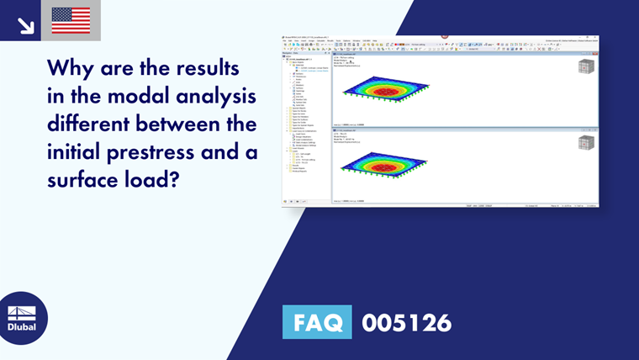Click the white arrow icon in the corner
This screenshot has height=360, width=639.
point(25,23)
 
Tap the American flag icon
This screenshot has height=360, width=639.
point(71,20)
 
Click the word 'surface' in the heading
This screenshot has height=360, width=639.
point(83,184)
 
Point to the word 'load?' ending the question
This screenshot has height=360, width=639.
point(150,184)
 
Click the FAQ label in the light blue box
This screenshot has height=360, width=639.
point(317,323)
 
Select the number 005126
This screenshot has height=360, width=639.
point(406,323)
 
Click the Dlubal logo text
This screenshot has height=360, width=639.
point(23,327)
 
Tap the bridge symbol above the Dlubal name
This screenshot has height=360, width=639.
point(23,312)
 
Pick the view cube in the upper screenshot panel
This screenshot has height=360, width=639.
point(585,69)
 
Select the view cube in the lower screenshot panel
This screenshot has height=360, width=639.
point(585,142)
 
